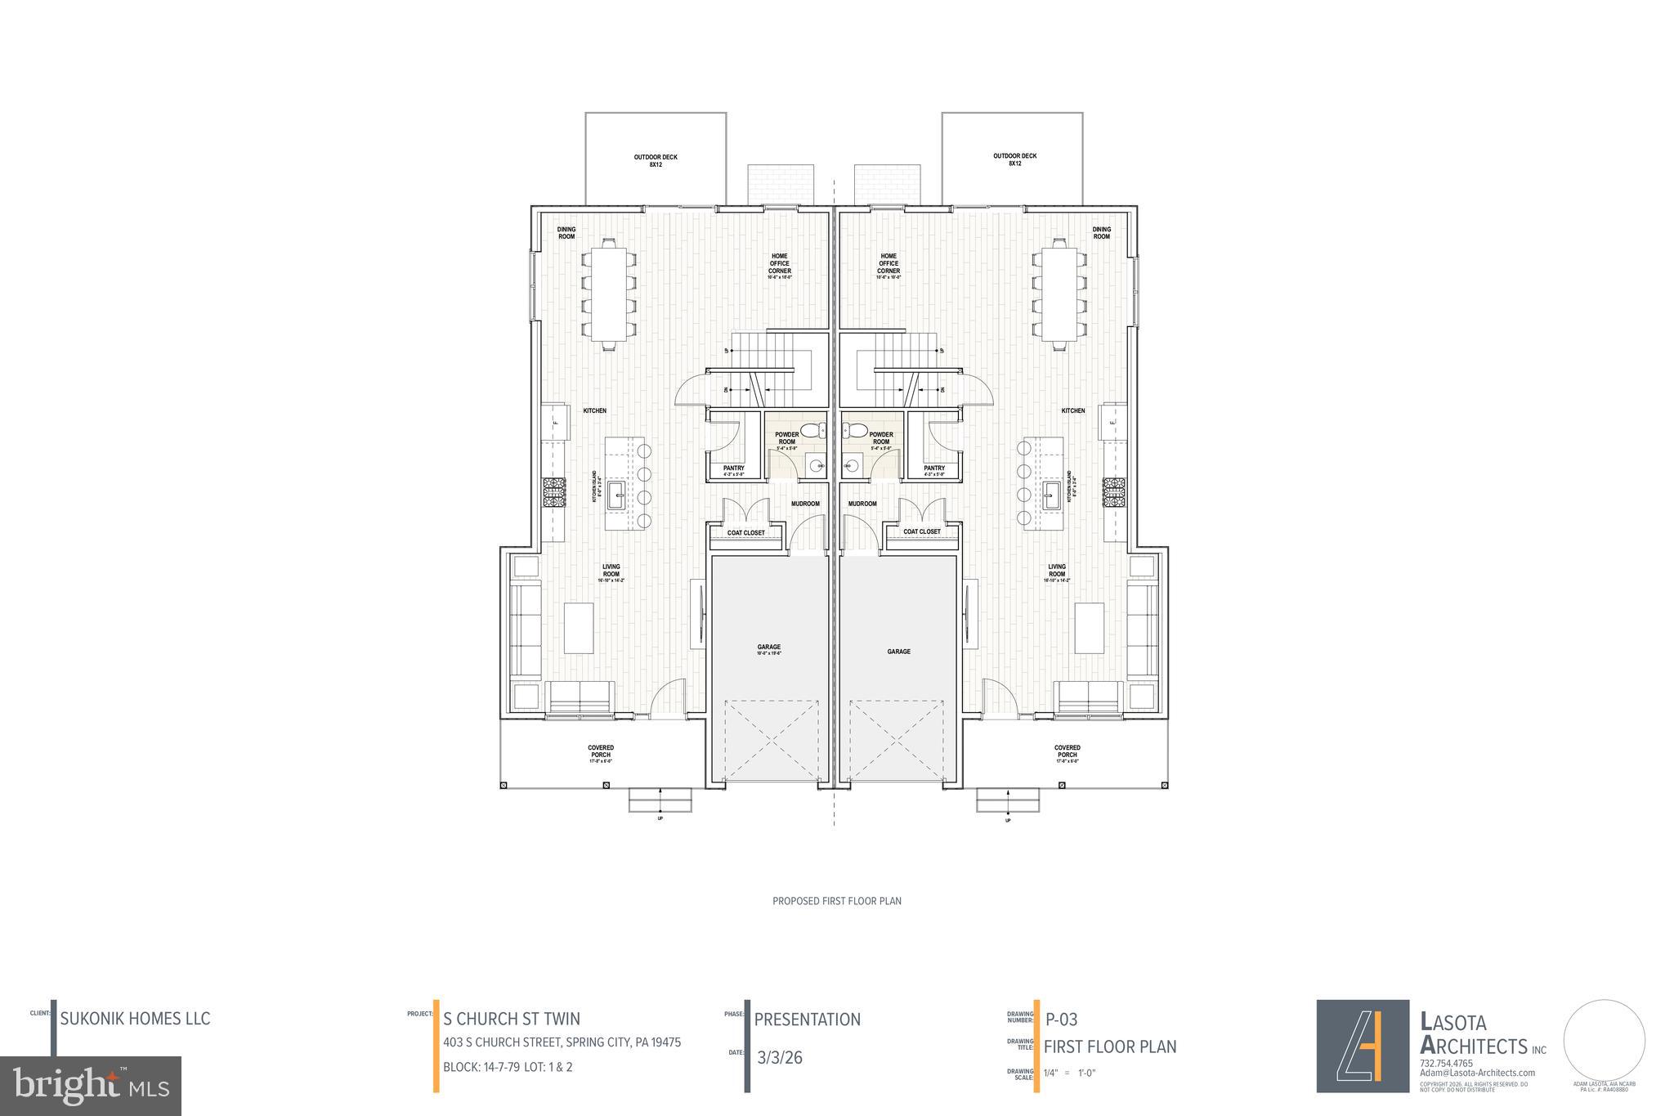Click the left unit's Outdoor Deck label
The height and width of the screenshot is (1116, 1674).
tap(656, 160)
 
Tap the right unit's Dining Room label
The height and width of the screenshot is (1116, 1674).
tap(1101, 233)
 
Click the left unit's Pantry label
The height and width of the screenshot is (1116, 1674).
tap(733, 470)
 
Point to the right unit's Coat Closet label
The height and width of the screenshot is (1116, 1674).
tap(921, 532)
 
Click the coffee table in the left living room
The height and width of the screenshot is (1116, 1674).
tap(579, 628)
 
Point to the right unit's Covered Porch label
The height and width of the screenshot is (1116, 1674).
tap(1067, 753)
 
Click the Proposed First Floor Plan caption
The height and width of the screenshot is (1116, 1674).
tap(836, 901)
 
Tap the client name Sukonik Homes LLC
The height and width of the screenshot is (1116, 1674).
tap(135, 1019)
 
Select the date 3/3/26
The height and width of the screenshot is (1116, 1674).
tap(780, 1058)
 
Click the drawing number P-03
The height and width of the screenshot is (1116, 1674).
tap(1062, 1020)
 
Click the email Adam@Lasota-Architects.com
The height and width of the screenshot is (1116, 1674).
tap(1477, 1073)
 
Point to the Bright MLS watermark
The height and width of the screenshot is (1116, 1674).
tap(91, 1086)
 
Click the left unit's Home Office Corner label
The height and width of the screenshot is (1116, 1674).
tap(780, 266)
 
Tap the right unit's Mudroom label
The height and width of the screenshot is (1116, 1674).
tap(862, 504)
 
